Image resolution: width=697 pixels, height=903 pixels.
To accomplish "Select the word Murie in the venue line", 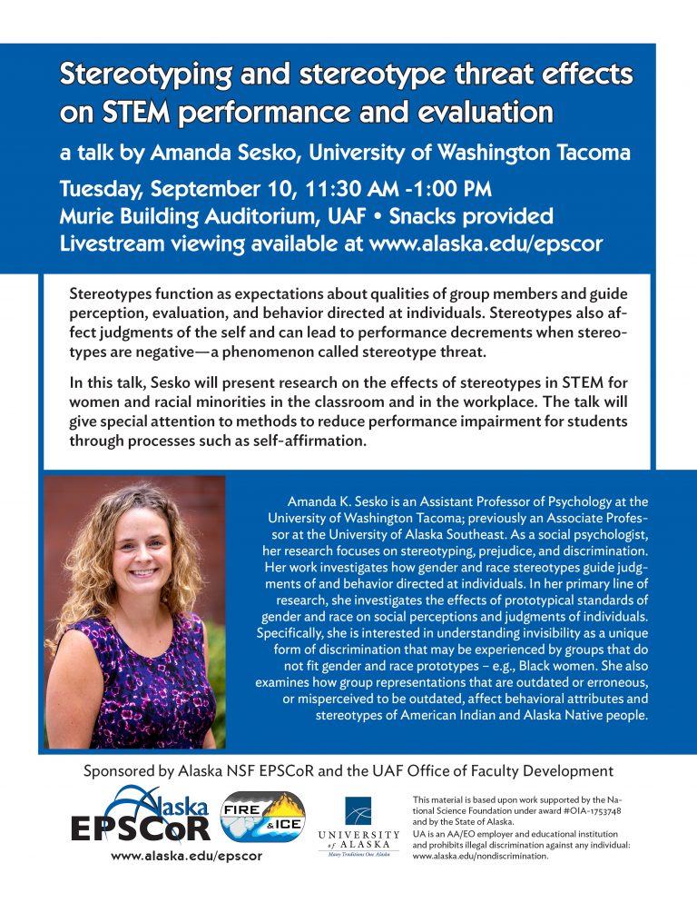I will click(88, 218).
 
